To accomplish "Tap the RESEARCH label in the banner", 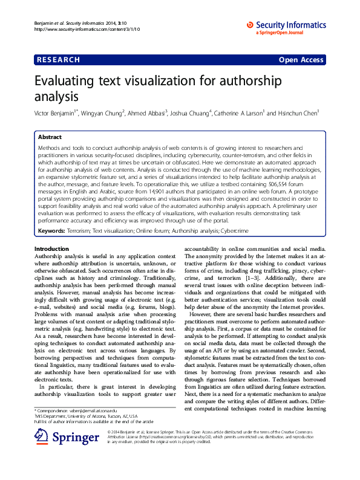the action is (x=58, y=60).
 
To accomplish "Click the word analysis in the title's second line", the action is (x=57, y=96).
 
